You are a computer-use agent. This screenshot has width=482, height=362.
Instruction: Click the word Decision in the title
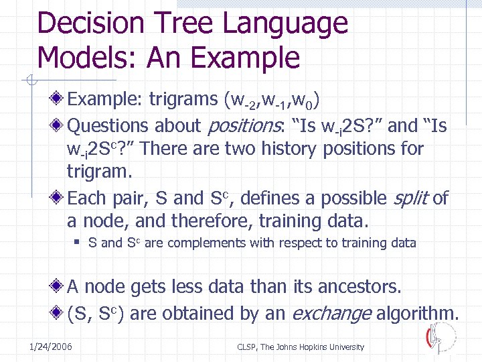click(91, 24)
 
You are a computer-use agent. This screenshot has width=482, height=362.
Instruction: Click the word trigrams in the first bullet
click(181, 101)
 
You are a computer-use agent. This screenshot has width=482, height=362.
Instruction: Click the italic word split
click(410, 198)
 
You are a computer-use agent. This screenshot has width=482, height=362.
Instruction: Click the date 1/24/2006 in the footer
click(52, 347)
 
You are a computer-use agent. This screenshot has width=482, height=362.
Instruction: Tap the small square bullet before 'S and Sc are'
click(88, 243)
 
